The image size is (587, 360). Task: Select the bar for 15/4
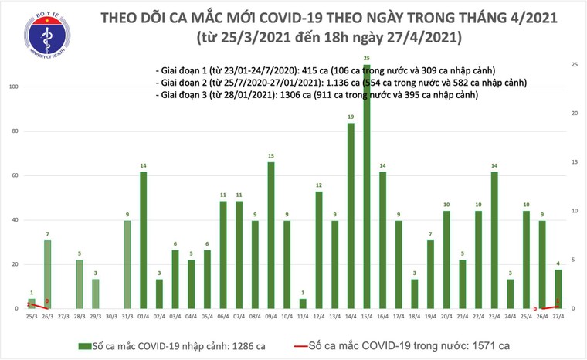click(x=367, y=185)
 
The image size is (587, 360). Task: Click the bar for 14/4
click(x=351, y=216)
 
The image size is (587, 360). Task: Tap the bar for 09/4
click(x=271, y=235)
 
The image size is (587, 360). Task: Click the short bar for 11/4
click(x=303, y=304)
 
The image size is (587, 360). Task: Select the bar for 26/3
click(x=48, y=274)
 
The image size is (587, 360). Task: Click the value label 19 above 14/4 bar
click(x=351, y=117)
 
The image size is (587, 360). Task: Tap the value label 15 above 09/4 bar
click(x=271, y=156)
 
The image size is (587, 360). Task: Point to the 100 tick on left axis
click(x=14, y=87)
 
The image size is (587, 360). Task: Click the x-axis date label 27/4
click(x=558, y=318)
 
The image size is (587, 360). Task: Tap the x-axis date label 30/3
click(x=111, y=318)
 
